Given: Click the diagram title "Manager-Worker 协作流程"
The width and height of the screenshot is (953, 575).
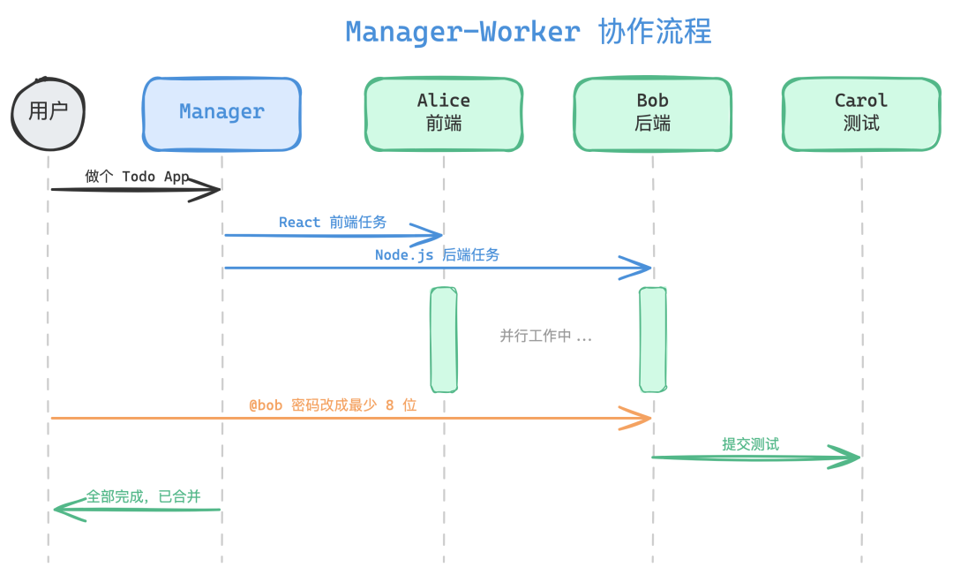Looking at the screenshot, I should coord(528,32).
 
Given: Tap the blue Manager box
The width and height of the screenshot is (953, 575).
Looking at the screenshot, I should coord(221,112).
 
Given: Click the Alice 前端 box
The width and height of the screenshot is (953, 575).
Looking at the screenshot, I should coord(444,113).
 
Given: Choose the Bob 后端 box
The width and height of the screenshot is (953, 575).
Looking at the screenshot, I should coord(652,113).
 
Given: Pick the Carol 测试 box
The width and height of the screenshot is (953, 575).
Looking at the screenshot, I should coord(861,113).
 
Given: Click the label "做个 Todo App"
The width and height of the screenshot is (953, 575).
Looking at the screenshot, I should coord(137,176).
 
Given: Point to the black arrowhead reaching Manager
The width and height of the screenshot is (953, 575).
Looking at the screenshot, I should coord(210,189).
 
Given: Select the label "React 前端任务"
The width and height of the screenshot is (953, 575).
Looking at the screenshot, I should coord(333,223).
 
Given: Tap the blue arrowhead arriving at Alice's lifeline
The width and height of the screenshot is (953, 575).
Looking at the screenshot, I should coord(432,235).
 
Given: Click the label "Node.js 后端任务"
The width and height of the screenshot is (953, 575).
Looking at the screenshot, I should coord(437,254).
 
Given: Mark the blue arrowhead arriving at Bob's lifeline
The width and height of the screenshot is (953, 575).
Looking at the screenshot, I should coord(641,268).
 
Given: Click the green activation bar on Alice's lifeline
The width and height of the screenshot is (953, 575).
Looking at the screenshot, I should coord(444,339).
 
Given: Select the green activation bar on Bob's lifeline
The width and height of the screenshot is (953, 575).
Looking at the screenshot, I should coord(653,339).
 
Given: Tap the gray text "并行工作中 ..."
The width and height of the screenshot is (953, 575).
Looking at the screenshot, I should coord(545,337).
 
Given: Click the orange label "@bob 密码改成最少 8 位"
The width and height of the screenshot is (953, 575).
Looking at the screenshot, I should coord(333,405).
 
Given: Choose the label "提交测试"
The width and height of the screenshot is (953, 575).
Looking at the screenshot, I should coord(750,444).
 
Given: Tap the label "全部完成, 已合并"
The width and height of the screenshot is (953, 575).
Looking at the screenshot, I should coord(143,496).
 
